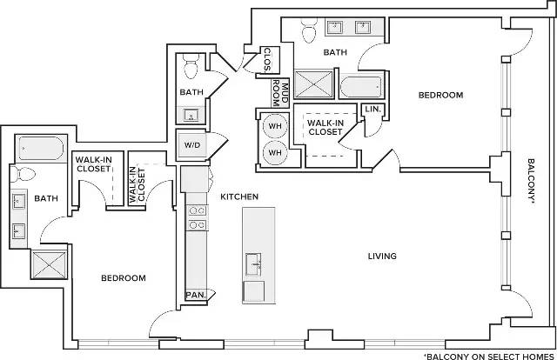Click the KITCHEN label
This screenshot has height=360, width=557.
point(239,197)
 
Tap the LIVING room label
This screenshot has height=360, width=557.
point(382,256)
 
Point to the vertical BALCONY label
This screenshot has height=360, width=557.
point(531,181)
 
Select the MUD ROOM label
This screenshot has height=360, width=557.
point(280,93)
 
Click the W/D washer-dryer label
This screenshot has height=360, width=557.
point(192,145)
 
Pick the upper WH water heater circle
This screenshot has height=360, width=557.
point(275,126)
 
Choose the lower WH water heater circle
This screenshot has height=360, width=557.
point(275,153)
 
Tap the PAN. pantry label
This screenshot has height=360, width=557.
point(196,295)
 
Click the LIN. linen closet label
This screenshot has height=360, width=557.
point(373,109)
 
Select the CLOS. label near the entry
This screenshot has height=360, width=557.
point(267,60)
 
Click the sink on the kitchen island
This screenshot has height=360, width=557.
point(253,263)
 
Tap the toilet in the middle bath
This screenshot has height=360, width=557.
point(191,66)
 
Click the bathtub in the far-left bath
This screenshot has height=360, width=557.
point(41,148)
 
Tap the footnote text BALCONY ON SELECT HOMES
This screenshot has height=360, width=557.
point(489,357)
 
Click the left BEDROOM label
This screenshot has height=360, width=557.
point(124,278)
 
